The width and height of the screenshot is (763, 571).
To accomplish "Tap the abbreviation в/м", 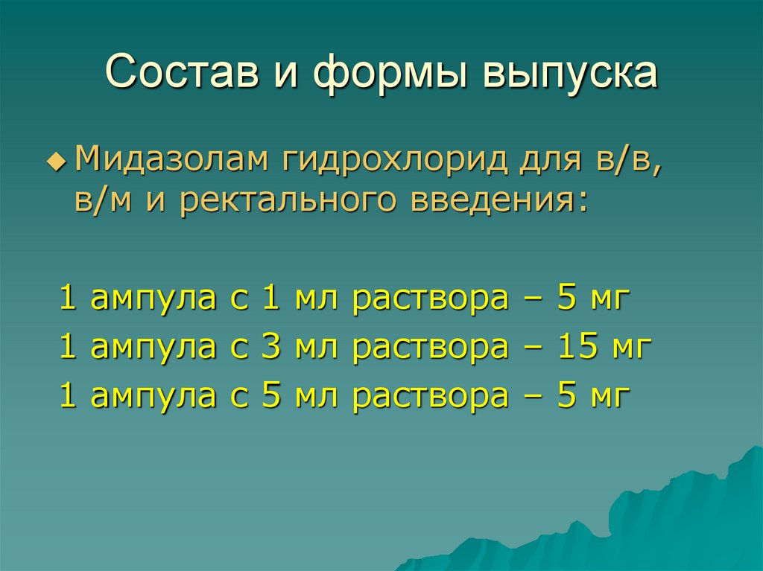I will [101, 201].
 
